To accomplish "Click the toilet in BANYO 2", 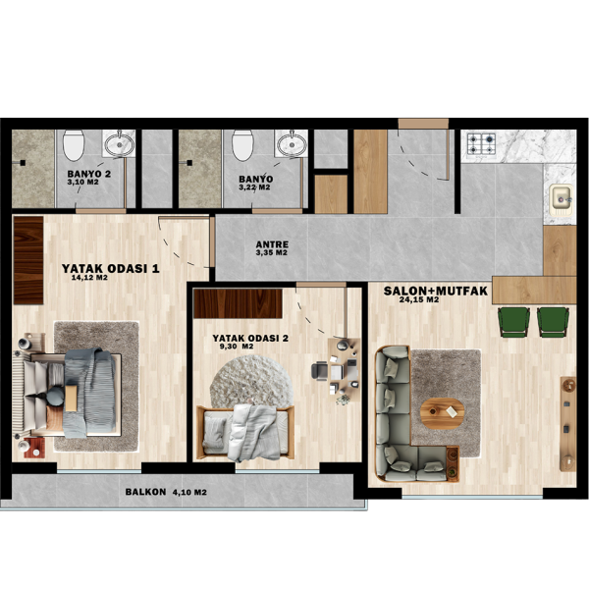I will (74, 147).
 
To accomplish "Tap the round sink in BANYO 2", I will (119, 145).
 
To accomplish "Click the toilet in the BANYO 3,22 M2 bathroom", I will (242, 147).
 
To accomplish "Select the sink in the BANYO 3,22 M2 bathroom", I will (290, 145).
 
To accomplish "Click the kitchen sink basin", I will (561, 197).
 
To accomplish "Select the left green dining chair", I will (513, 321).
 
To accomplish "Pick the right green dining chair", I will (553, 321).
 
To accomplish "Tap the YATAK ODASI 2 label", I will (250, 338).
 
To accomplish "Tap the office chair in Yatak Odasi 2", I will (322, 371).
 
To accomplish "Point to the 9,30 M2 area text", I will (236, 347).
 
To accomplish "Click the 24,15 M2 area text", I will (419, 300).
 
